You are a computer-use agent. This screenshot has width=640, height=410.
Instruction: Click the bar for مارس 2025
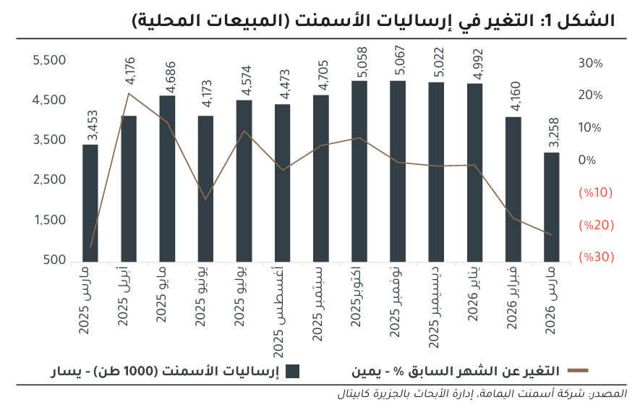90,202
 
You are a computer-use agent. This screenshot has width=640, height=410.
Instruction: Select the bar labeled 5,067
398,171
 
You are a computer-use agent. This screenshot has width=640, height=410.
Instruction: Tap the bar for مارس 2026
551,207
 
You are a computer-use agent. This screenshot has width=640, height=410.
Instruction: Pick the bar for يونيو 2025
205,188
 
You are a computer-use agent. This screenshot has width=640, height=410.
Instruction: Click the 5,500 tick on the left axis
50,61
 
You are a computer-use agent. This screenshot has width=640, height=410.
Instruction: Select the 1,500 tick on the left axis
50,221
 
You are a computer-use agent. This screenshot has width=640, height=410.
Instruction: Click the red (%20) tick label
596,225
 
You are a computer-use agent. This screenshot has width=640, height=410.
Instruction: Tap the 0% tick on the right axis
587,160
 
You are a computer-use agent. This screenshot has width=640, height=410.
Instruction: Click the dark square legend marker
292,372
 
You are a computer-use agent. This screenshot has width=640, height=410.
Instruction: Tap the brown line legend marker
578,371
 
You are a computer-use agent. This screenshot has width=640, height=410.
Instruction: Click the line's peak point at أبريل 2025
129,93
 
